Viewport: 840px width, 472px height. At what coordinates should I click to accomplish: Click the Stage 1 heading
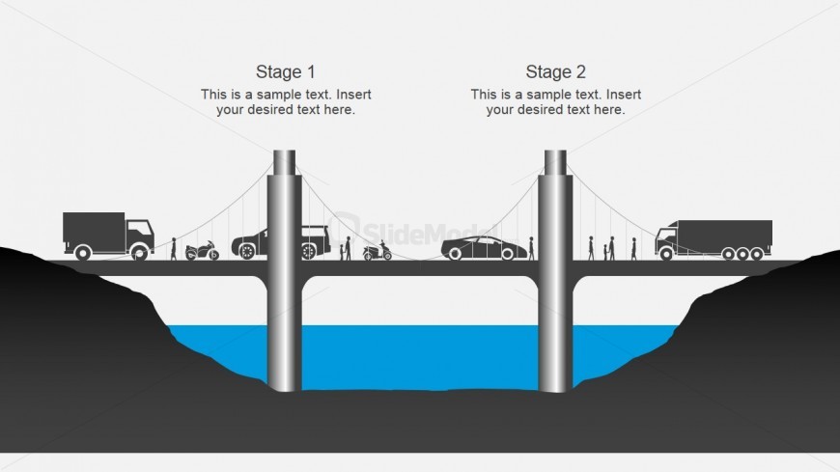tap(285, 71)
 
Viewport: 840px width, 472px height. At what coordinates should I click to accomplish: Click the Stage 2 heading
tap(555, 71)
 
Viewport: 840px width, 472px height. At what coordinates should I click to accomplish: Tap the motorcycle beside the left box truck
tap(202, 251)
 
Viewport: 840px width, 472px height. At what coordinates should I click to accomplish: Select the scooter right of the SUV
tap(377, 252)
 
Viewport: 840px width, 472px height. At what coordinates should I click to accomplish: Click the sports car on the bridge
tap(479, 248)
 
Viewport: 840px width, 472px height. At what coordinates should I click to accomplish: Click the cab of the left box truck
tap(139, 234)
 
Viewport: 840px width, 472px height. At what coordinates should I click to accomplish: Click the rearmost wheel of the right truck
tap(764, 254)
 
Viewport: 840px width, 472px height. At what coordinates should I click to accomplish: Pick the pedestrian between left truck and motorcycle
tap(174, 249)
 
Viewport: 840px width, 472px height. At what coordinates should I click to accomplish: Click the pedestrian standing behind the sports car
tap(531, 248)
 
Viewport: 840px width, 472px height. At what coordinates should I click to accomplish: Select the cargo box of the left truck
tap(94, 229)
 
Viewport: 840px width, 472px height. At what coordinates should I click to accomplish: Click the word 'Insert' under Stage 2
tap(622, 95)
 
